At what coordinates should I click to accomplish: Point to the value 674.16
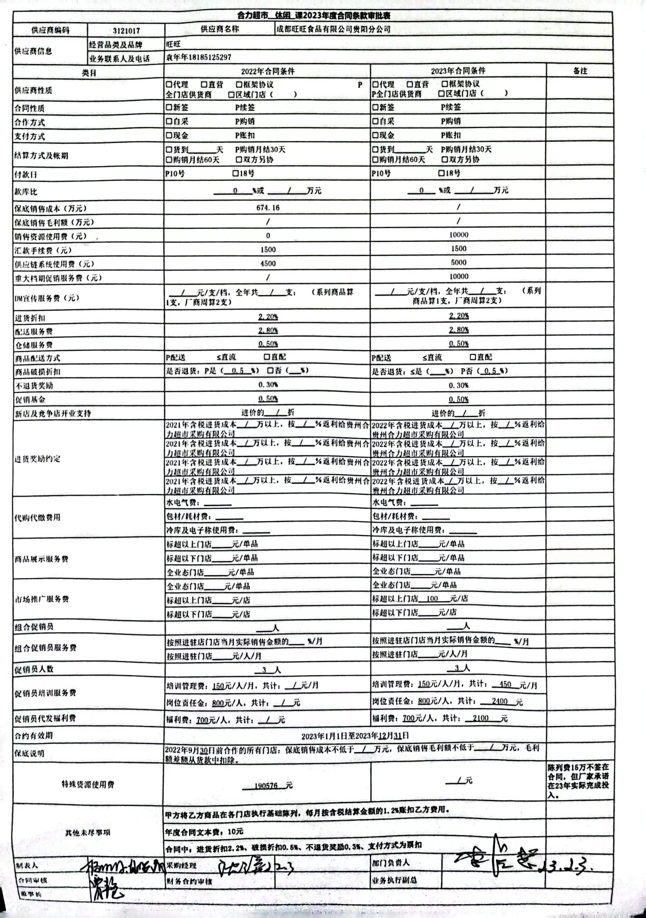268,208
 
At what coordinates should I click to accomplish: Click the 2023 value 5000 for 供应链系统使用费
458,262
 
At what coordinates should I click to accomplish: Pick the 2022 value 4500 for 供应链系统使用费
268,264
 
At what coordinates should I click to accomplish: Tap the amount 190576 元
268,785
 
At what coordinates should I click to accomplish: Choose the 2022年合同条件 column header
268,72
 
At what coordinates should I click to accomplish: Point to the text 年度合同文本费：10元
204,832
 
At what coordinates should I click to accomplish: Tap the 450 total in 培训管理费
505,684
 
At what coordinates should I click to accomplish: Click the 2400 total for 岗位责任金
500,701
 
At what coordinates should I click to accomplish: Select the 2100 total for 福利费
480,718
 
